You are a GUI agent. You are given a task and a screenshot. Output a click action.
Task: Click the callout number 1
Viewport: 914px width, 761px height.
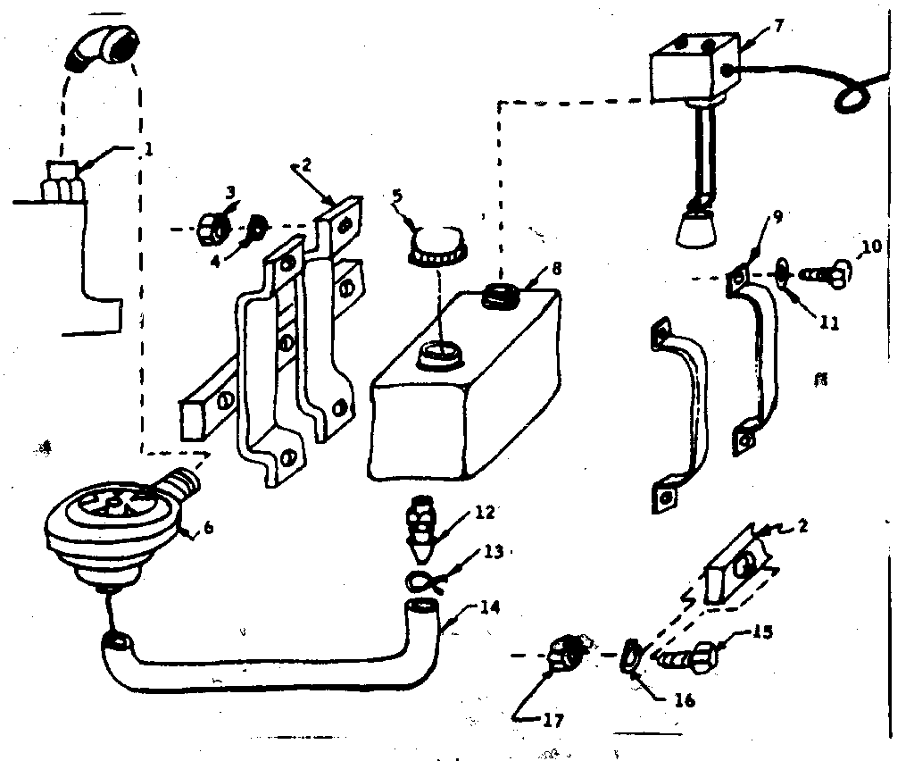tap(148, 151)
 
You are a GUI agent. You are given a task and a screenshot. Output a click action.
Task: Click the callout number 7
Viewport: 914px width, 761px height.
tap(779, 24)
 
